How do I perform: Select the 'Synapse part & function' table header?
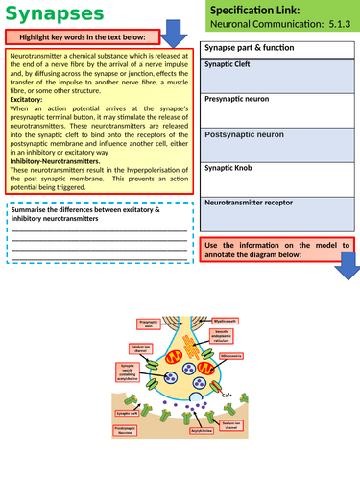(244, 49)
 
